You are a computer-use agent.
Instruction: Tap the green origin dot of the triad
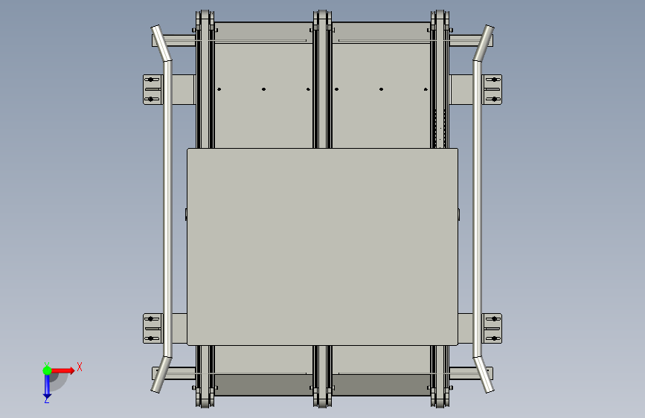pyautogui.click(x=47, y=370)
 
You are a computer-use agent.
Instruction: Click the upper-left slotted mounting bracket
pyautogui.click(x=153, y=89)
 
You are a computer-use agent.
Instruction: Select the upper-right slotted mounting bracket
pyautogui.click(x=492, y=89)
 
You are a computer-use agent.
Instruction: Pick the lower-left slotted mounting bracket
pyautogui.click(x=153, y=328)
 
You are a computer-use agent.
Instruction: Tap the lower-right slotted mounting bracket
pyautogui.click(x=492, y=328)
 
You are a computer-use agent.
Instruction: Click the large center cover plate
pyautogui.click(x=323, y=246)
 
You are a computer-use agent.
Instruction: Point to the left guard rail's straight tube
pyautogui.click(x=167, y=208)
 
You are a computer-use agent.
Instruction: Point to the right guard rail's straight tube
pyautogui.click(x=477, y=208)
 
